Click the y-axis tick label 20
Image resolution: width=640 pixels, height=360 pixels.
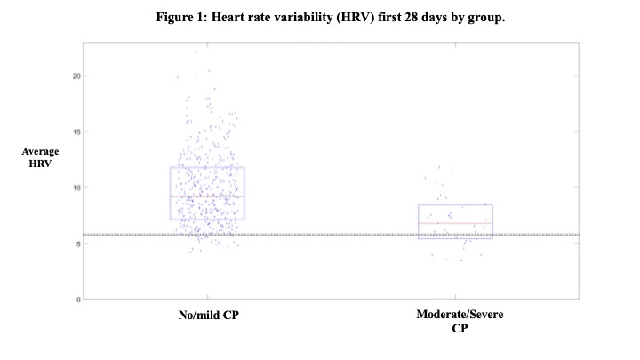76,76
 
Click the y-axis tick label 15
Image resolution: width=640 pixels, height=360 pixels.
76,132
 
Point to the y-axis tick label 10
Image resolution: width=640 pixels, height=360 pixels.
76,188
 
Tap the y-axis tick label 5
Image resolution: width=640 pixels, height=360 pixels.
78,244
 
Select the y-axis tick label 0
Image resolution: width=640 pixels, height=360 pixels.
78,300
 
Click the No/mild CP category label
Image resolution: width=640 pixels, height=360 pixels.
209,315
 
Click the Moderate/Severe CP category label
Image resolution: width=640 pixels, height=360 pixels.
460,321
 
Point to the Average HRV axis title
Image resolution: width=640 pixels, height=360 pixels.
40,157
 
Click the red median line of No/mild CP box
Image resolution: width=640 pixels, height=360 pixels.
207,197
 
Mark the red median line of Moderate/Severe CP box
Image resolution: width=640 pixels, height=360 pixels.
455,223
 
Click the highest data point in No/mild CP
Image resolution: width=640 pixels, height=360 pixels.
196,52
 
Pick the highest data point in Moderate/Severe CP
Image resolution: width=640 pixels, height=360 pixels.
439,167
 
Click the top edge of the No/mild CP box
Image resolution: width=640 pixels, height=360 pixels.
207,167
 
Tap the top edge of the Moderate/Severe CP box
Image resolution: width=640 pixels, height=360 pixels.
455,205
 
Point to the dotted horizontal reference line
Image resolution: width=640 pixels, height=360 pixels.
331,235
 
